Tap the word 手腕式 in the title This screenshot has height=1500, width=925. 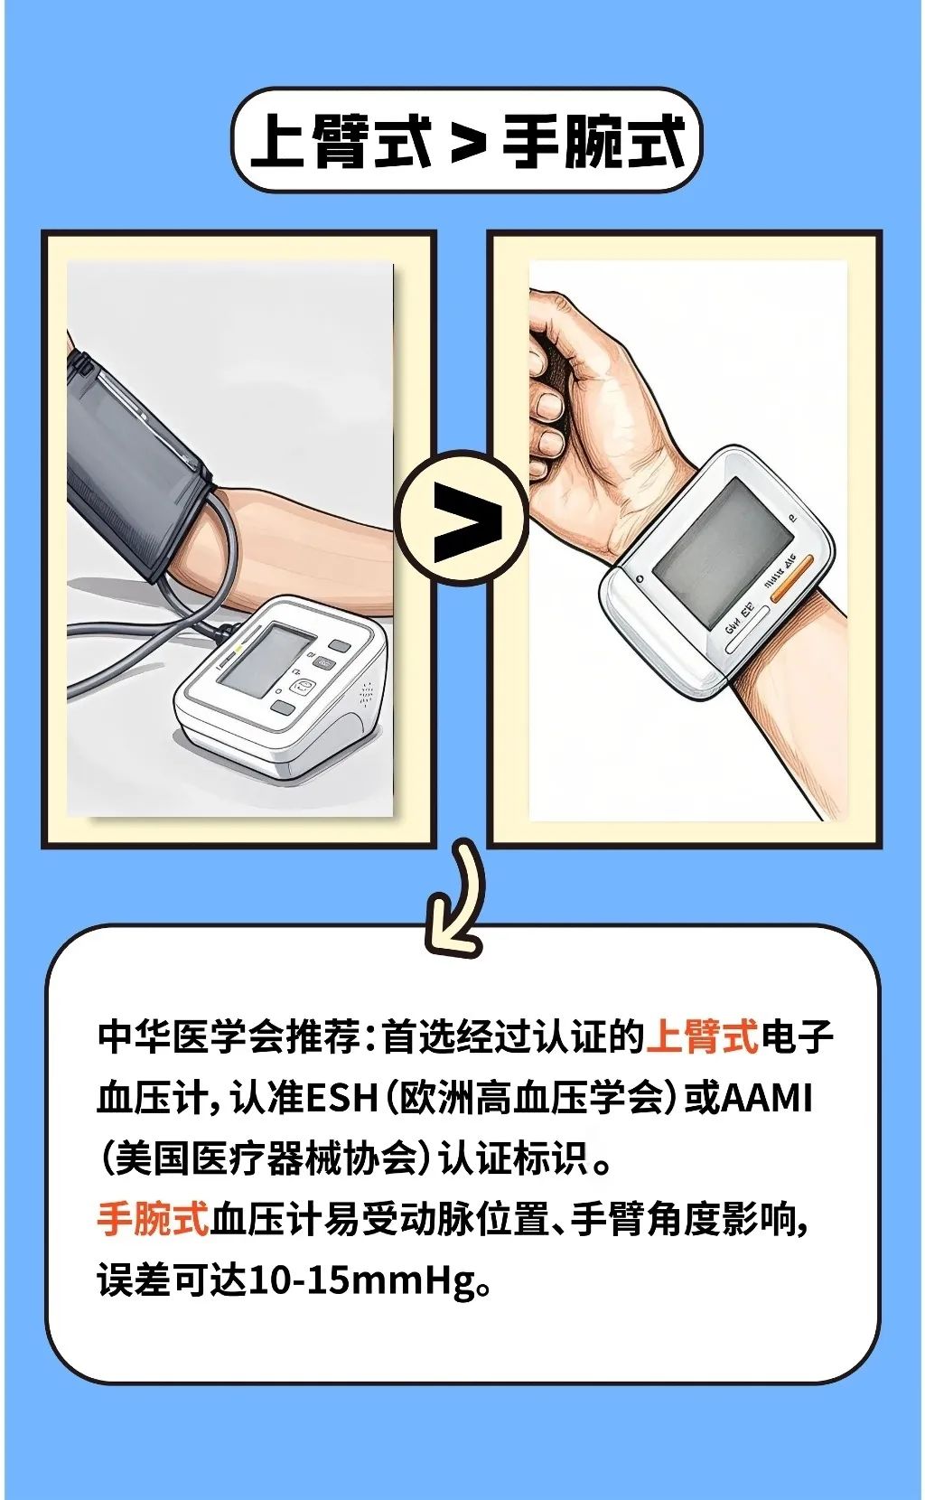[x=593, y=141]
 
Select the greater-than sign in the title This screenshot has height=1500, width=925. [x=468, y=143]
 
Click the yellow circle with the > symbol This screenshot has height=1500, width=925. [x=462, y=518]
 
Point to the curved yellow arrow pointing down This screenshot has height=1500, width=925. [x=459, y=899]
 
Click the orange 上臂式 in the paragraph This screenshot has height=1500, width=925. [x=702, y=1036]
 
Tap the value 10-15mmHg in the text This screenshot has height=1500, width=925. [x=361, y=1280]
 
